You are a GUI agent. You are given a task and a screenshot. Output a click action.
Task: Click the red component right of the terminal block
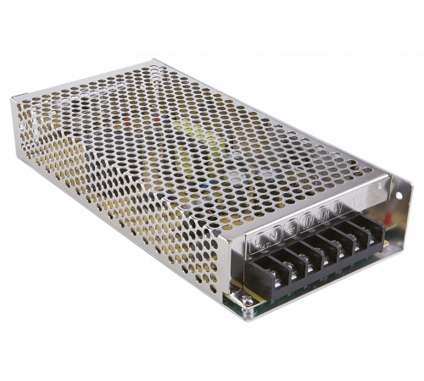(x=388, y=218)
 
